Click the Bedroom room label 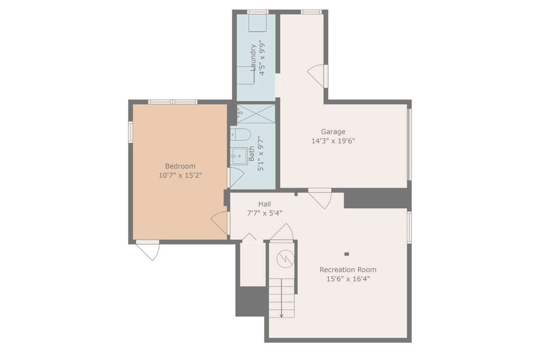pyautogui.click(x=180, y=166)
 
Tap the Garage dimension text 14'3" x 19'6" pyautogui.click(x=333, y=141)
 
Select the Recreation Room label pyautogui.click(x=348, y=270)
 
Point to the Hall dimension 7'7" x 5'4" pyautogui.click(x=265, y=213)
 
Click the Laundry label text pyautogui.click(x=253, y=58)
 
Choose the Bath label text pyautogui.click(x=252, y=153)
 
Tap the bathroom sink pyautogui.click(x=239, y=157)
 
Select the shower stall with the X pyautogui.click(x=256, y=114)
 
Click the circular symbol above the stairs pyautogui.click(x=285, y=258)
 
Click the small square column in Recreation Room pyautogui.click(x=347, y=254)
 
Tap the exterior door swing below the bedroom pyautogui.click(x=148, y=250)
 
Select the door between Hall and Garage pyautogui.click(x=320, y=199)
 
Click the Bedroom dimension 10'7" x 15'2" pyautogui.click(x=180, y=175)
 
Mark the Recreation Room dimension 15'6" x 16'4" pyautogui.click(x=348, y=278)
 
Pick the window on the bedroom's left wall pyautogui.click(x=131, y=132)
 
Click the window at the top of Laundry pyautogui.click(x=258, y=12)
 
